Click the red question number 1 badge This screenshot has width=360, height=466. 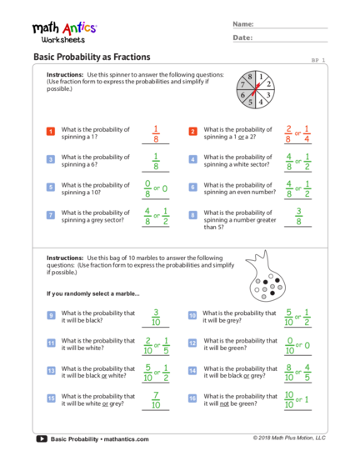pyautogui.click(x=51, y=131)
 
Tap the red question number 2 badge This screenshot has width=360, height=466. pyautogui.click(x=192, y=131)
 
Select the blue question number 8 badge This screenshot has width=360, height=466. pyautogui.click(x=192, y=215)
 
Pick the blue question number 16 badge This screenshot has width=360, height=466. pyautogui.click(x=192, y=398)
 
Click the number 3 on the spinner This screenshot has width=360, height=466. pyautogui.click(x=268, y=95)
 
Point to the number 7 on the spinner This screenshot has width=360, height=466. pyautogui.click(x=243, y=84)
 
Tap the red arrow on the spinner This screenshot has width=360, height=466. pyautogui.click(x=256, y=89)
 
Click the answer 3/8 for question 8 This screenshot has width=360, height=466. pyautogui.click(x=298, y=216)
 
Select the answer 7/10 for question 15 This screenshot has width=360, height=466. pyautogui.click(x=156, y=399)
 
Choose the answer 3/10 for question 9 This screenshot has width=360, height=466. pyautogui.click(x=156, y=317)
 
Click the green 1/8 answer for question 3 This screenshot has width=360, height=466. pyautogui.click(x=156, y=161)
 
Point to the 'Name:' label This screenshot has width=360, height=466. pyautogui.click(x=243, y=24)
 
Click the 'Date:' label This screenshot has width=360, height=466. pyautogui.click(x=242, y=38)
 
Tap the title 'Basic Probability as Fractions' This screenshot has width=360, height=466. pyautogui.click(x=92, y=57)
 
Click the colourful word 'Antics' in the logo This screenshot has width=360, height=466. pyautogui.click(x=80, y=28)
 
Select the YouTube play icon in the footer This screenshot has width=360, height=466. pyautogui.click(x=42, y=438)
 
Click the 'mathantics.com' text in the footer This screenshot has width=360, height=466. pyautogui.click(x=126, y=439)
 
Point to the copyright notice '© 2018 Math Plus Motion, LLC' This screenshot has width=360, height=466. pyautogui.click(x=289, y=438)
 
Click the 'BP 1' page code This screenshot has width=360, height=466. pyautogui.click(x=318, y=60)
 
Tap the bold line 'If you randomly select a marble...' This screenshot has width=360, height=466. pyautogui.click(x=93, y=293)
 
